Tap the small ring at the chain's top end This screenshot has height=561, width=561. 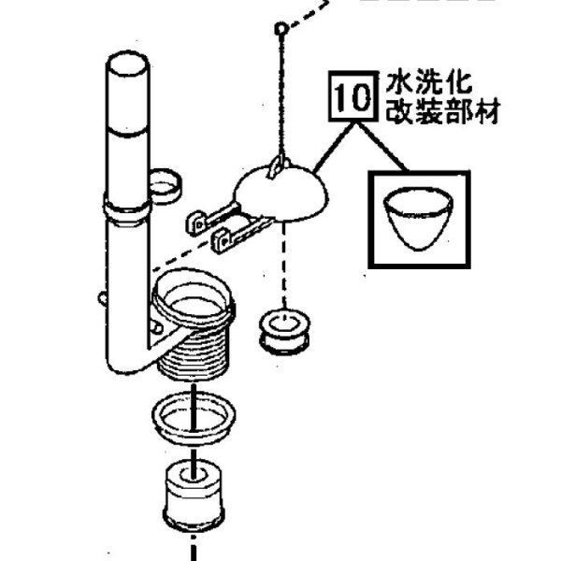click(279, 29)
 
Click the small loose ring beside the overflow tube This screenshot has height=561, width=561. click(165, 184)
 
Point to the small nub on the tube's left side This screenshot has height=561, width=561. click(100, 298)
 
